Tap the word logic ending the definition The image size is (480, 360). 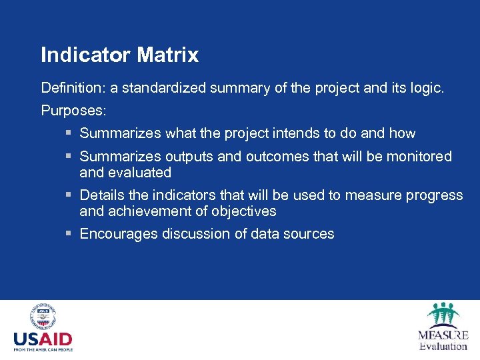pos(425,87)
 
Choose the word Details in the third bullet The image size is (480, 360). pos(101,195)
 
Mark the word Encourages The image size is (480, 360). pos(118,234)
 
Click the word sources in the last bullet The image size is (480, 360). pos(310,234)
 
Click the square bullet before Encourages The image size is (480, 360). pos(69,234)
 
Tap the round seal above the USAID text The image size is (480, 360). pos(43,316)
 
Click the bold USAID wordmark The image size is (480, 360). pos(43,338)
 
